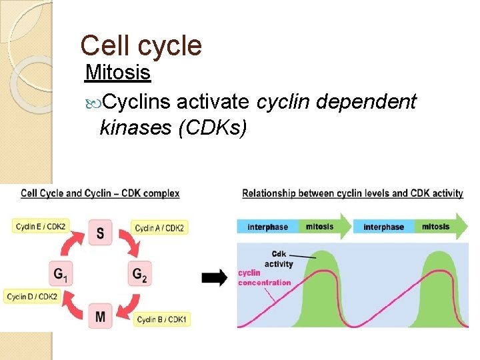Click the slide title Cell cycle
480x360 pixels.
[141, 45]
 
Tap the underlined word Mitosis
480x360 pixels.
[118, 71]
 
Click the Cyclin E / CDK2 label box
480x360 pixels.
[40, 227]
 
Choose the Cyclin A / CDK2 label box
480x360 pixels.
[160, 228]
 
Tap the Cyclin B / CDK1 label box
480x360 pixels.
[162, 320]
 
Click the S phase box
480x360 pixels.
[100, 233]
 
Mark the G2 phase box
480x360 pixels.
[140, 273]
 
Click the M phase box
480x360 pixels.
[100, 316]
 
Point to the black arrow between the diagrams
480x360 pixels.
[214, 279]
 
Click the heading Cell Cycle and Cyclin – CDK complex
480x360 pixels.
[100, 193]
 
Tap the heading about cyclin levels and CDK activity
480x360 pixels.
[353, 193]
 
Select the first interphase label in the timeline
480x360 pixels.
[267, 227]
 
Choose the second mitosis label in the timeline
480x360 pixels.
[436, 227]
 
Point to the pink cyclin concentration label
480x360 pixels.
[265, 278]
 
